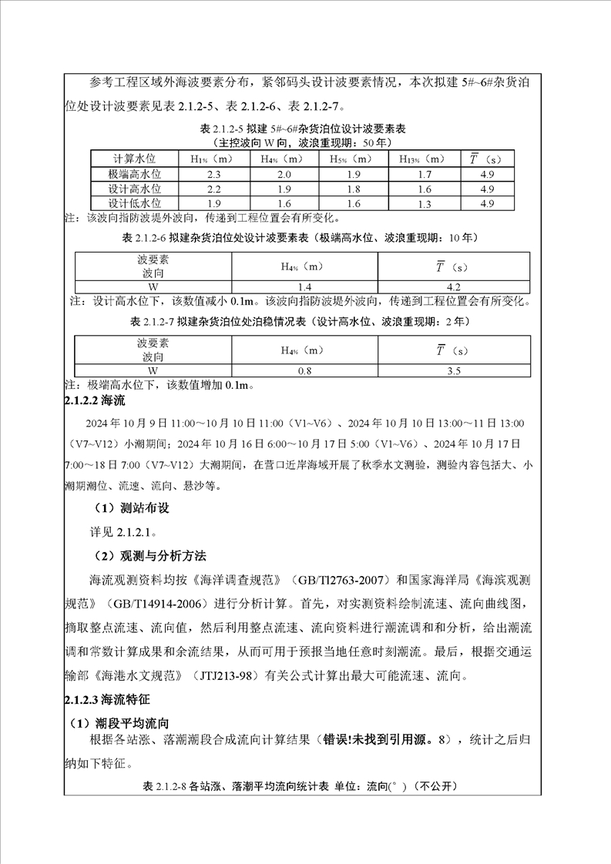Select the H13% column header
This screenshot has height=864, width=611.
(421, 159)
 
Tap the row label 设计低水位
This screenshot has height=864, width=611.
(134, 203)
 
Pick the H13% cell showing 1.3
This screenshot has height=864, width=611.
(424, 203)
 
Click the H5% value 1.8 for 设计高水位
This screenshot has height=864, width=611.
(353, 189)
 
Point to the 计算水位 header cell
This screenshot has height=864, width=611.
(134, 159)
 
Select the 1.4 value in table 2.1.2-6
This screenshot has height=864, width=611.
(304, 284)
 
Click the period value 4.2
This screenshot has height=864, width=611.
(453, 284)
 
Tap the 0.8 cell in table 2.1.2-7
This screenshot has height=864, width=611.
(304, 371)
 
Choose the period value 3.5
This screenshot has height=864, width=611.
(453, 371)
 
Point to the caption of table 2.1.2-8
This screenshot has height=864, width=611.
(300, 787)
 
